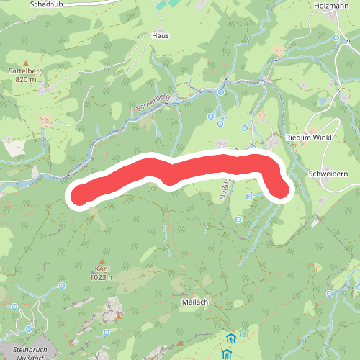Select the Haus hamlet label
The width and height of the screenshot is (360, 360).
coord(160,35)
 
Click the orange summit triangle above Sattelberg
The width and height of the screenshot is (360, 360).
coord(26,63)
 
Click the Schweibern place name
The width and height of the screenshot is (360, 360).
coord(328,174)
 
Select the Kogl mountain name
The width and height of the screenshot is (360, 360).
coord(102,269)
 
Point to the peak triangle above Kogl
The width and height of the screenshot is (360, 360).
coord(102,261)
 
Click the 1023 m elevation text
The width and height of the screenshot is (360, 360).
coord(102,277)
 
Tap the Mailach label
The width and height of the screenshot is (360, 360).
coord(195,302)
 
